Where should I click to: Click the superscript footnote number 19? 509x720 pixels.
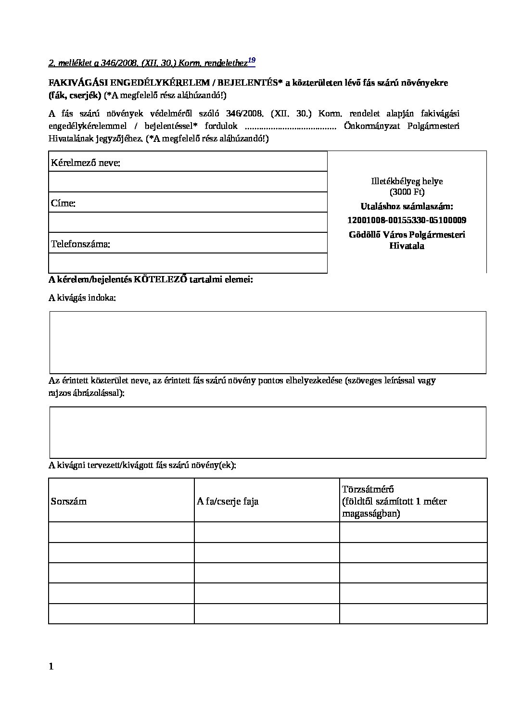point(252,61)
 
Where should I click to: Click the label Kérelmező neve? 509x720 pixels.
point(86,163)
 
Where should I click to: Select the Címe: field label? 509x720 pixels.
point(63,203)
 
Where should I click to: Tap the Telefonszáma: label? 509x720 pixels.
point(81,244)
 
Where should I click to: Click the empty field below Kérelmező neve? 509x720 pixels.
point(188,182)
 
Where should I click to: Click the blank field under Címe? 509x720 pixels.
point(188,222)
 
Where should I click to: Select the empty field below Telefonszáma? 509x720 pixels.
point(188,263)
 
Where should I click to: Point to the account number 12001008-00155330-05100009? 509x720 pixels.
point(407,220)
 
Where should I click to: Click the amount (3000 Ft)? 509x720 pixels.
point(407,191)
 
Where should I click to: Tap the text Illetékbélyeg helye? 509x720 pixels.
point(407,181)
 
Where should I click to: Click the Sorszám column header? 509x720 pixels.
point(69,501)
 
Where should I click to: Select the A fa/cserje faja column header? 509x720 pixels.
point(228,501)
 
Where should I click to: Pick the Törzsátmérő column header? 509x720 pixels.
point(368,489)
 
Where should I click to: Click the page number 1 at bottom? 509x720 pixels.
point(51,666)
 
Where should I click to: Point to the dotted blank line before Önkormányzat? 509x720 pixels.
point(291,126)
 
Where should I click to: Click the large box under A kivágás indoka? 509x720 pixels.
point(267,342)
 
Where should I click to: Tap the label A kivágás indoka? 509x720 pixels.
point(82,298)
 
